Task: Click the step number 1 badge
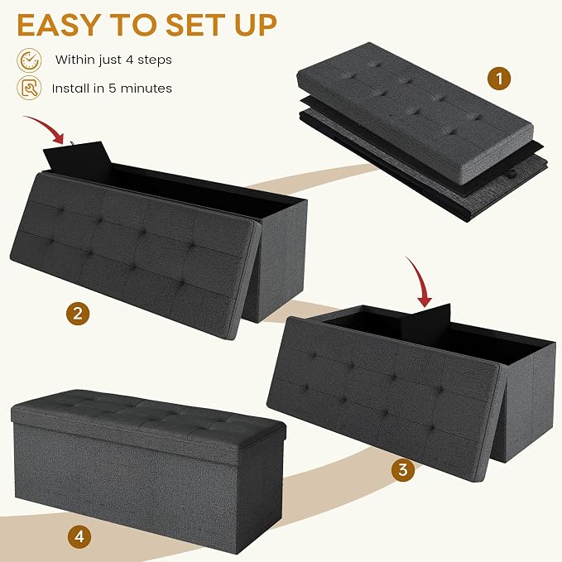coord(499,78)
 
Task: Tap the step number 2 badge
coord(78,314)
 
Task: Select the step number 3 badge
coord(403,469)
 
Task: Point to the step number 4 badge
coord(79,536)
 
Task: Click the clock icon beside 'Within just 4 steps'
coord(29,60)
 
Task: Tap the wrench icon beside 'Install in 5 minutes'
coord(29,88)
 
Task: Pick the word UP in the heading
coord(256,25)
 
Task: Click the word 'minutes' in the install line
coord(147,89)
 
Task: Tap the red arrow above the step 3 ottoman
coord(420,281)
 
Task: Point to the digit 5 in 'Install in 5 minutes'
coord(113,89)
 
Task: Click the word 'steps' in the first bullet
coord(155,60)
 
